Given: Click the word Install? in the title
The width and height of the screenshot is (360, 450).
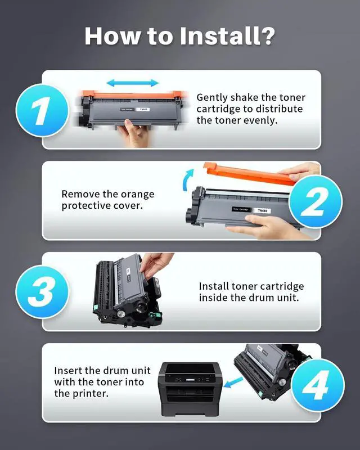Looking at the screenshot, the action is tap(227, 36).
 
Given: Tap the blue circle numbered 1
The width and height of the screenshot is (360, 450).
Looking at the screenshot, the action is tap(42, 110).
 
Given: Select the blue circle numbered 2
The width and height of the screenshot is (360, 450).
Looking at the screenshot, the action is tap(316, 201).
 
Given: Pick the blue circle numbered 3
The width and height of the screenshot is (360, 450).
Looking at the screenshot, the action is tap(42, 291).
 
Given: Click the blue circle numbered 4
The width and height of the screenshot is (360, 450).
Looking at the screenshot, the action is tap(318, 385).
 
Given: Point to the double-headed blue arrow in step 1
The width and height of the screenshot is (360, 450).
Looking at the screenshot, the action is tap(132, 83).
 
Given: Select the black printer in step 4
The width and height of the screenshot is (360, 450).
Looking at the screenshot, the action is tap(189, 389).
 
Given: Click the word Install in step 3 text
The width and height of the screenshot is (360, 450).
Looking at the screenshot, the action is tap(214, 286).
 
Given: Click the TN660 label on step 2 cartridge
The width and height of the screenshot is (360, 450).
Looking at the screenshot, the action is tap(262, 210).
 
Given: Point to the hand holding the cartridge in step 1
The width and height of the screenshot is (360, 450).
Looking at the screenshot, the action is tap(134, 133).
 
